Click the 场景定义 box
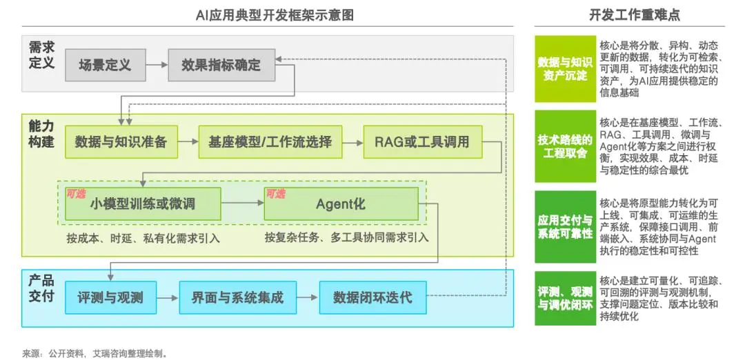coord(105,65)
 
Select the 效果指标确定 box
coord(221,65)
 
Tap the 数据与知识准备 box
coord(121,141)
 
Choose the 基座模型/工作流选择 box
coord(270,141)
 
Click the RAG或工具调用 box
coord(422,141)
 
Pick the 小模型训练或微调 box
coord(143,203)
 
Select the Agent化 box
coord(341,203)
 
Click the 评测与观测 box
coord(110,297)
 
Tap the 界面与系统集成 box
coord(237,297)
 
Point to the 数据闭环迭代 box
coord(372,297)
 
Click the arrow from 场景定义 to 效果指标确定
coord(157,65)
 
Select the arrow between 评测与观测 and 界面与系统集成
coord(168,298)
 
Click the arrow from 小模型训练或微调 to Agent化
coord(243,203)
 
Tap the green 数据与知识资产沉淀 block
coord(565,69)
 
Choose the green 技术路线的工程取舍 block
coord(565,146)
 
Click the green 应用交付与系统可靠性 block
coord(565,227)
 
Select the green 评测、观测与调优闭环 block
coord(565,298)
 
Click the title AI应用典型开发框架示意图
coord(275,15)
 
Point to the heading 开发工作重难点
coord(635,15)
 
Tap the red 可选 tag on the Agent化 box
coord(275,194)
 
